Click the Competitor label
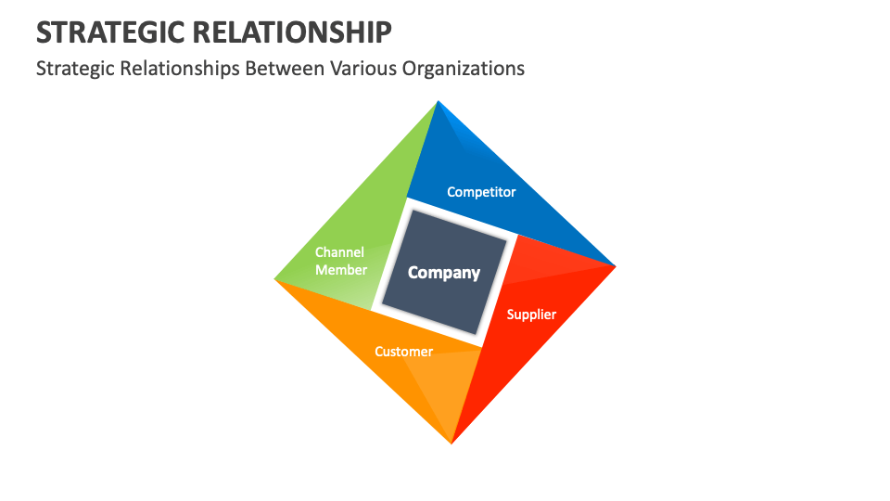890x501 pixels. tap(481, 192)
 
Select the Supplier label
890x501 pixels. tap(531, 315)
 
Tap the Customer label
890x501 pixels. tap(403, 352)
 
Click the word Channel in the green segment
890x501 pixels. tap(339, 251)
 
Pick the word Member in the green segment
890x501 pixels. tap(341, 270)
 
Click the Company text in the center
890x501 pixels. tap(444, 273)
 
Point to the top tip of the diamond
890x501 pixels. tap(437, 103)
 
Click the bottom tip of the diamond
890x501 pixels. tap(451, 442)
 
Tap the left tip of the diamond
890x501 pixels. tap(276, 278)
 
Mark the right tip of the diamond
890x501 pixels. tap(614, 266)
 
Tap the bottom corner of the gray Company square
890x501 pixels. tap(478, 334)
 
